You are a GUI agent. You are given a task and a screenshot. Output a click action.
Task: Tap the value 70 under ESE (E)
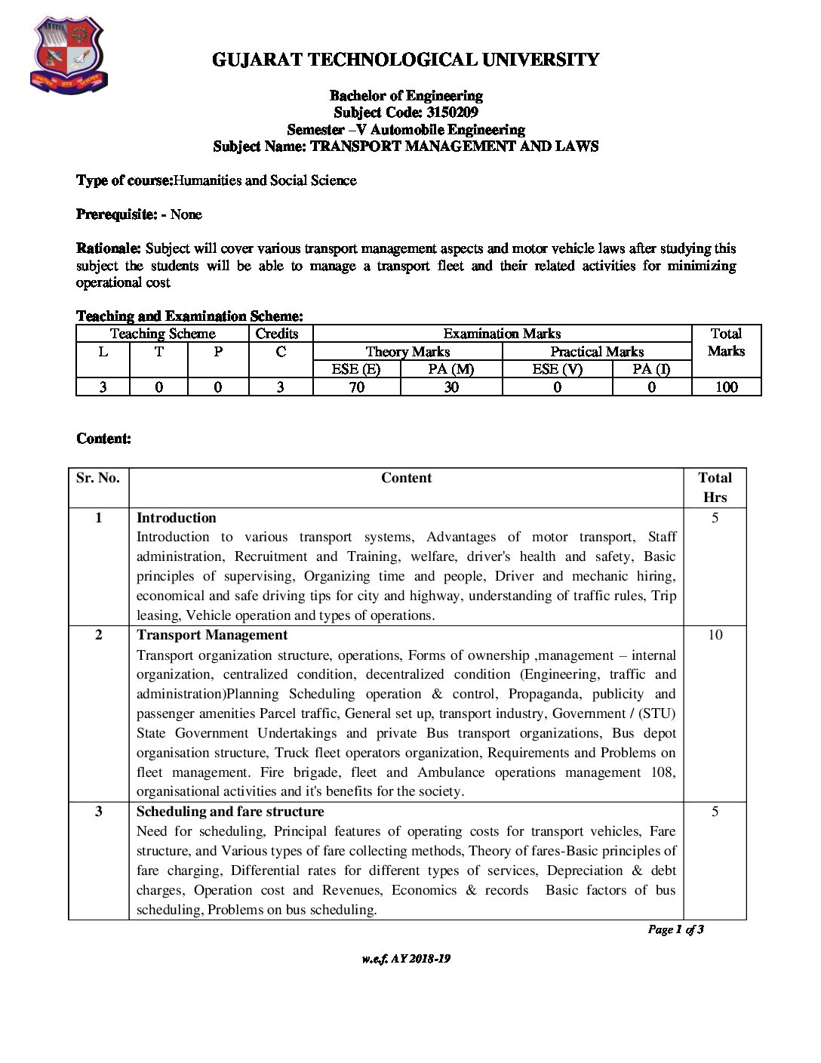coord(356,387)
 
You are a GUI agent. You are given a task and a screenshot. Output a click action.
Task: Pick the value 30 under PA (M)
coord(451,387)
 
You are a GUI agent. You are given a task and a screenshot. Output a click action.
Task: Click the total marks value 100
coord(726,387)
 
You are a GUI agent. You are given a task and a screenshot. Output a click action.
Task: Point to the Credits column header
coord(277,334)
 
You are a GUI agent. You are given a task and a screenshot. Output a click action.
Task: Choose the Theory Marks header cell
coord(407,352)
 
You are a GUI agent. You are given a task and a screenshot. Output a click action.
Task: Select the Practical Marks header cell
coord(596,352)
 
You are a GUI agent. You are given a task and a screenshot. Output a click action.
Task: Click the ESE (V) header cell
coord(557,369)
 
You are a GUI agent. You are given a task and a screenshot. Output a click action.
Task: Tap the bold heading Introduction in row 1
coord(176,518)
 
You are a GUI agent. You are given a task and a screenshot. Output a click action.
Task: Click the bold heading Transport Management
coord(211,635)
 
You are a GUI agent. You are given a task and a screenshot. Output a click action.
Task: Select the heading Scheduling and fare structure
coord(230,812)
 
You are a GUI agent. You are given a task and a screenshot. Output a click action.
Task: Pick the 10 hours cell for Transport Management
coord(715,635)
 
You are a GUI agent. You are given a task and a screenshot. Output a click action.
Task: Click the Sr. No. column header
coord(98,478)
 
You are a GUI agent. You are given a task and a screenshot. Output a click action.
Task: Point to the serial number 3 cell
coord(98,812)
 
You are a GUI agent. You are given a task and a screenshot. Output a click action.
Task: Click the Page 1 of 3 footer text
coord(675,929)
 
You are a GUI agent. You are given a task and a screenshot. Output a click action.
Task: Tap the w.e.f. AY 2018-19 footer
coord(406,959)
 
